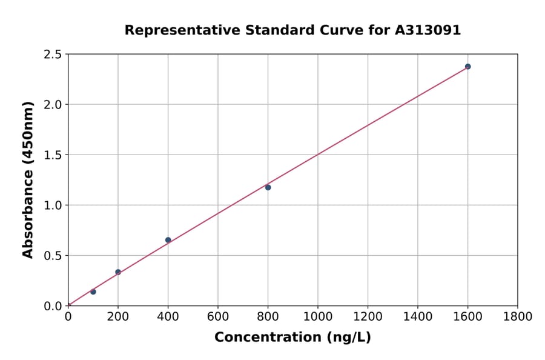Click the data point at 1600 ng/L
pos(467,67)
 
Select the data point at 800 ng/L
pos(268,187)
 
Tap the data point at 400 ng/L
pos(168,240)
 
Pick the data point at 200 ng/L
pos(118,272)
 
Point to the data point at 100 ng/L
pos(93,292)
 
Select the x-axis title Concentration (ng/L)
pos(292,337)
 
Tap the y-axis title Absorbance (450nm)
pos(28,179)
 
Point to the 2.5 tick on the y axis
pos(53,55)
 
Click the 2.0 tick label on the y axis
pos(53,105)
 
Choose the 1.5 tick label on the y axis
pos(53,155)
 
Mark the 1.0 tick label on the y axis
pos(53,205)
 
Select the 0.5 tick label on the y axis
pos(53,256)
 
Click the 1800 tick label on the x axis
pos(518,316)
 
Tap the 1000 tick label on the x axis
pos(318,316)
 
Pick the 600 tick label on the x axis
pos(218,316)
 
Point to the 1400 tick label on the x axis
pos(418,316)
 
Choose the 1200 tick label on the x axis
pos(368,316)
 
